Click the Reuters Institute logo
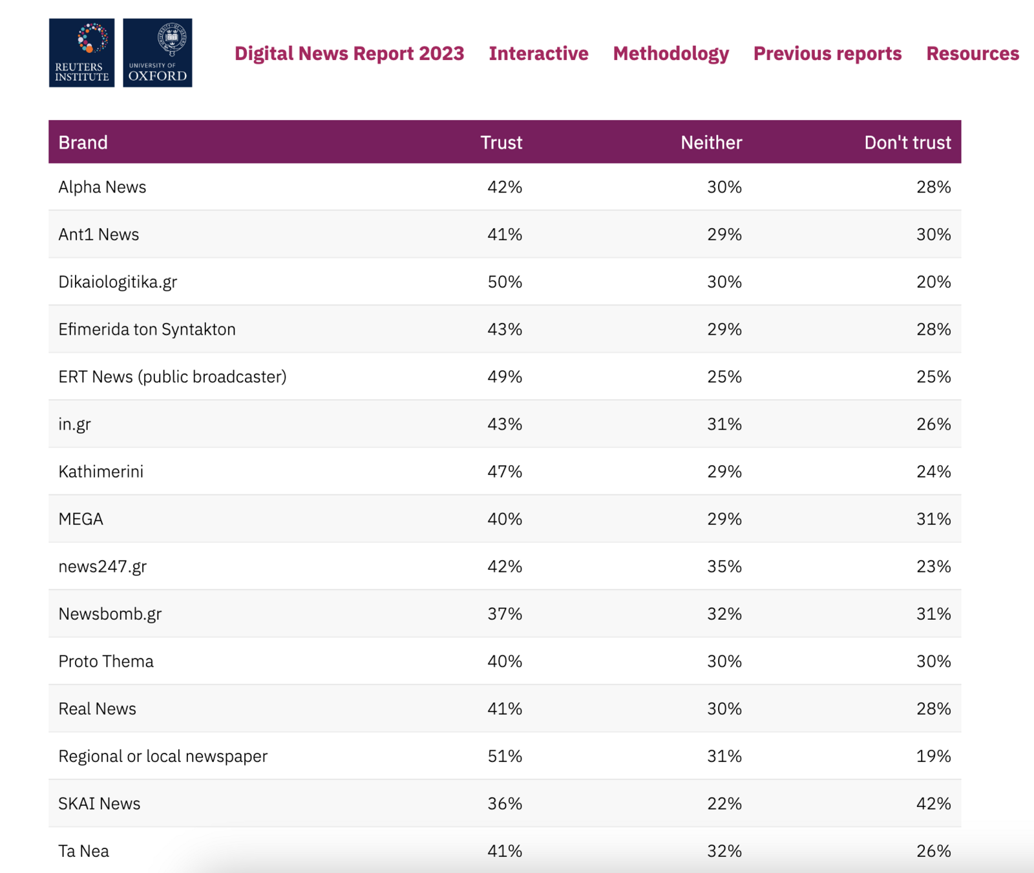point(81,53)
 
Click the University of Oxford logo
point(157,53)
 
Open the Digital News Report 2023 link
point(349,54)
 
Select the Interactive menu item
point(538,54)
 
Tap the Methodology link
point(671,54)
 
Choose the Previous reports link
point(827,54)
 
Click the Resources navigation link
point(972,54)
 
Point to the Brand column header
point(83,142)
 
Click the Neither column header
point(711,142)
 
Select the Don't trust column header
point(907,142)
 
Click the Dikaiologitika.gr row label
point(118,282)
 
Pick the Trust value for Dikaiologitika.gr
point(505,282)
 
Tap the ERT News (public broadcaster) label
point(173,377)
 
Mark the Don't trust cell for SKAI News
point(933,803)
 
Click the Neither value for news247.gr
point(724,566)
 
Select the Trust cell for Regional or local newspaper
point(505,756)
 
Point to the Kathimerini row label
point(101,472)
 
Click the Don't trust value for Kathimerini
point(933,472)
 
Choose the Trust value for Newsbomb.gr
point(505,614)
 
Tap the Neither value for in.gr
point(724,424)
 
